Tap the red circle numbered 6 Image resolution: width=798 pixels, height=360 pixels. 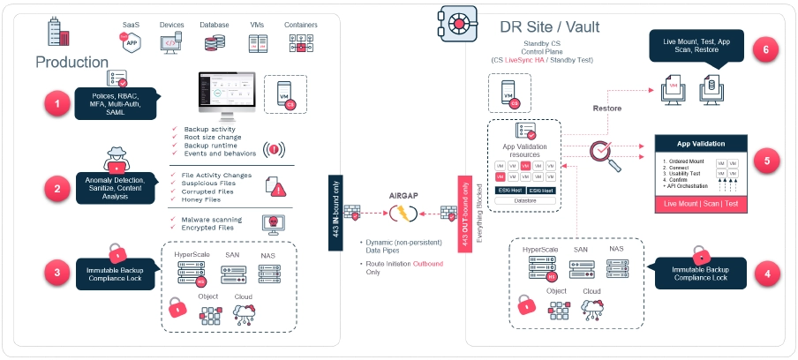[x=766, y=49]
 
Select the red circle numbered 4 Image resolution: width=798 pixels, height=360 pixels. [x=766, y=274]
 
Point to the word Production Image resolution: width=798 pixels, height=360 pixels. [x=72, y=62]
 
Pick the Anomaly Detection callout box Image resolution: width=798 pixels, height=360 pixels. [x=115, y=188]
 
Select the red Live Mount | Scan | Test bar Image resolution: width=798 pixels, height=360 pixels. [x=701, y=206]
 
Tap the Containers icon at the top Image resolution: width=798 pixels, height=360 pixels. [x=301, y=41]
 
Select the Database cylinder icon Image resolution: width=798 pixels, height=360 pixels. [x=215, y=41]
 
